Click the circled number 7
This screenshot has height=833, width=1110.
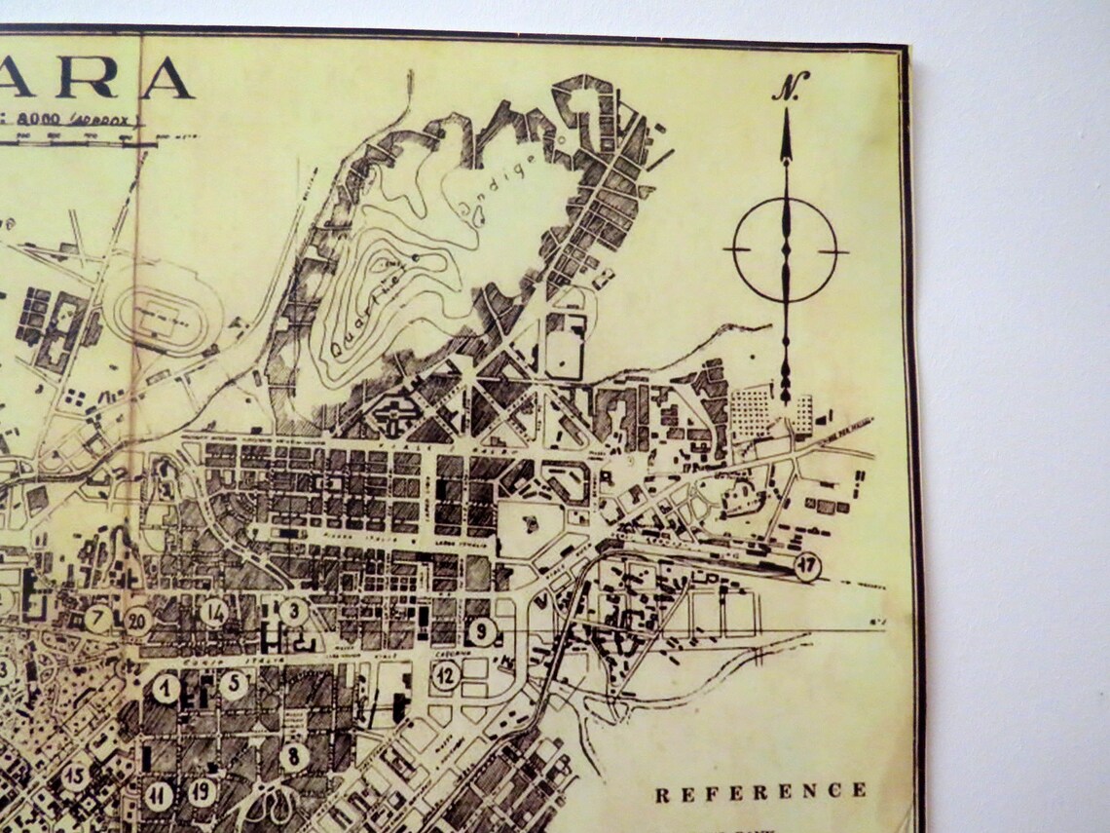[96, 618]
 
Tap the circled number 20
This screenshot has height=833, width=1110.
[137, 620]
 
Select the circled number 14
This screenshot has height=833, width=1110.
[215, 613]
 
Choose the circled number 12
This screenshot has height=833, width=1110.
[446, 674]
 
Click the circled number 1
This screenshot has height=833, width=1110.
[166, 690]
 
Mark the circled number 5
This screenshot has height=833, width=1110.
[233, 684]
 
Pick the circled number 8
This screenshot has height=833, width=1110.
[293, 755]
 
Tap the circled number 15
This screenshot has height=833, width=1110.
[76, 776]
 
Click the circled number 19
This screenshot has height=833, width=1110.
[202, 791]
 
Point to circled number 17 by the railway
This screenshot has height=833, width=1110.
[807, 565]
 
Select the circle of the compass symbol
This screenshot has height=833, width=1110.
[785, 250]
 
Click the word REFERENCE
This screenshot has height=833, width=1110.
[760, 792]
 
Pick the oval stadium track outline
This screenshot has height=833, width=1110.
[162, 314]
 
